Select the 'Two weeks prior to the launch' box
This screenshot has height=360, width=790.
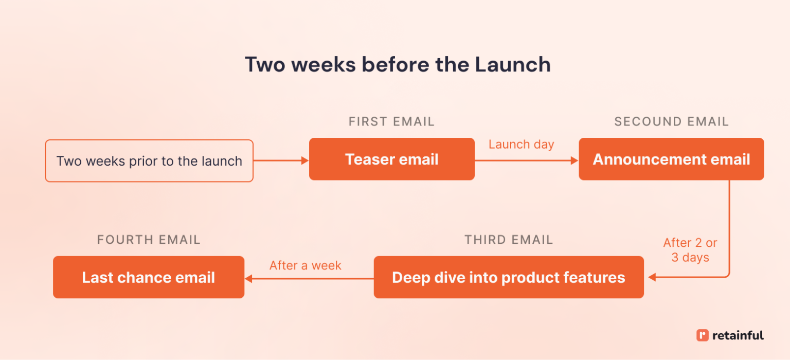pyautogui.click(x=149, y=161)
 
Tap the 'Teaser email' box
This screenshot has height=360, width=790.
pyautogui.click(x=391, y=159)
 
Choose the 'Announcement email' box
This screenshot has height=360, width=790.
pyautogui.click(x=671, y=159)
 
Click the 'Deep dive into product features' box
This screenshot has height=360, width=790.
pyautogui.click(x=508, y=278)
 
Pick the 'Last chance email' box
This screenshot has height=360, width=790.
pyautogui.click(x=148, y=278)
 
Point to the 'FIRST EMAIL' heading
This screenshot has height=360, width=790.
pyautogui.click(x=391, y=122)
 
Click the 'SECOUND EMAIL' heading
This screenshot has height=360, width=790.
pyautogui.click(x=671, y=122)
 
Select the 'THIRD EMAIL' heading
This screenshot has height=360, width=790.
pyautogui.click(x=508, y=240)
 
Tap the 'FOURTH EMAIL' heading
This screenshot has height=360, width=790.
pyautogui.click(x=149, y=240)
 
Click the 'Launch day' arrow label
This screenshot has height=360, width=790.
pyautogui.click(x=521, y=145)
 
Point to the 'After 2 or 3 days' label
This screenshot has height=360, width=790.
pyautogui.click(x=690, y=250)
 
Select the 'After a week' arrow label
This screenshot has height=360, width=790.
pyautogui.click(x=305, y=265)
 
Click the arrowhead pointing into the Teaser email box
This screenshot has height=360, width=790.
pyautogui.click(x=305, y=161)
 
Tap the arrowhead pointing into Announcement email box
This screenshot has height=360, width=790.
pyautogui.click(x=575, y=161)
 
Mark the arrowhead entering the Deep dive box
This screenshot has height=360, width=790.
pyautogui.click(x=651, y=278)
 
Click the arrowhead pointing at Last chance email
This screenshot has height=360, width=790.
pyautogui.click(x=248, y=278)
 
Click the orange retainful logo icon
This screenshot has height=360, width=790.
pyautogui.click(x=702, y=335)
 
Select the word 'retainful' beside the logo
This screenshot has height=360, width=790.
pyautogui.click(x=738, y=336)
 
